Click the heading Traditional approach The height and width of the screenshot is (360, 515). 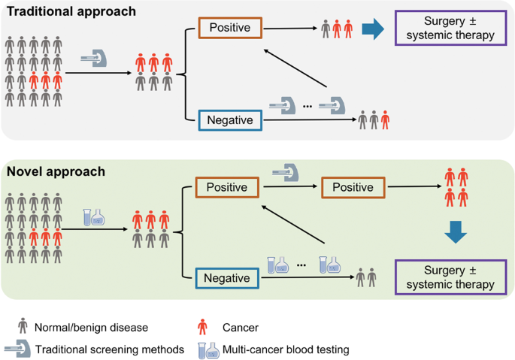(x=71, y=11)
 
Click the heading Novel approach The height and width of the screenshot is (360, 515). (x=56, y=171)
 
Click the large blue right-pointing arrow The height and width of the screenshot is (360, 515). (x=373, y=29)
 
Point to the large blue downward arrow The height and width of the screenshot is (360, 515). (x=456, y=232)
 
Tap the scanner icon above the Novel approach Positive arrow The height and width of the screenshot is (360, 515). (x=286, y=172)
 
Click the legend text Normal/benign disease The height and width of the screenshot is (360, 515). (x=91, y=328)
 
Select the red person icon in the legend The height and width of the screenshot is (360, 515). (x=203, y=326)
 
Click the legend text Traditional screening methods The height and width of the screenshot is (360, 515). (x=110, y=349)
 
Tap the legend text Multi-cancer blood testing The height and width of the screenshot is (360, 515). (x=286, y=349)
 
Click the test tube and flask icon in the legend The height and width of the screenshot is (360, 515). (x=208, y=350)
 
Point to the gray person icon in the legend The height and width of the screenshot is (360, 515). (x=23, y=325)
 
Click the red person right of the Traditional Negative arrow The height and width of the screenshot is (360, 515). (x=385, y=120)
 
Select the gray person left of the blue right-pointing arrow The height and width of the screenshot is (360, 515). (x=326, y=29)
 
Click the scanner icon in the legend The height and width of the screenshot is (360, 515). (x=17, y=349)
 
